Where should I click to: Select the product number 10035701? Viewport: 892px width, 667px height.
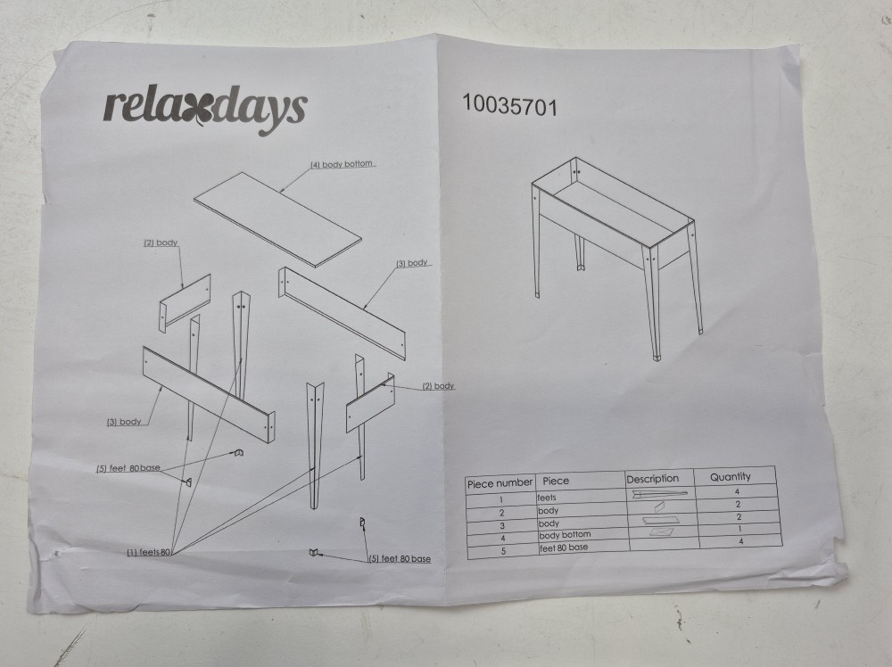[x=509, y=105]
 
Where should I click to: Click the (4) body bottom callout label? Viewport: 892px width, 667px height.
[x=342, y=164]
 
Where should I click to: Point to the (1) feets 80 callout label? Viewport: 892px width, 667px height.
[x=148, y=552]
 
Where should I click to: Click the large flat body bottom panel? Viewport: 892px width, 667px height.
[x=277, y=219]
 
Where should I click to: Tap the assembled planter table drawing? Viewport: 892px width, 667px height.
[x=616, y=258]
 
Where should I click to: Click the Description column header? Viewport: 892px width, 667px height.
[x=653, y=480]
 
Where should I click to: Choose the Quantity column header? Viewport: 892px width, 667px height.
[x=731, y=476]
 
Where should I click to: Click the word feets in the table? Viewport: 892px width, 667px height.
[x=547, y=498]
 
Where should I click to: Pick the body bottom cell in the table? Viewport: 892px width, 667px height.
[x=565, y=535]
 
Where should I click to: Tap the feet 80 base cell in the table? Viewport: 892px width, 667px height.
[x=563, y=548]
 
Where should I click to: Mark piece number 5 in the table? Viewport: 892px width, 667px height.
[x=503, y=551]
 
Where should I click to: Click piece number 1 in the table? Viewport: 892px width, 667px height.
[x=501, y=500]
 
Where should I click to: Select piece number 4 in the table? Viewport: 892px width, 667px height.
[x=502, y=538]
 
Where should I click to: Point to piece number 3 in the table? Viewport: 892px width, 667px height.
[x=501, y=525]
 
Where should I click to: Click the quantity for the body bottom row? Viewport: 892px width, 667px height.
[x=739, y=529]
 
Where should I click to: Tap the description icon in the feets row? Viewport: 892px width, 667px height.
[x=660, y=494]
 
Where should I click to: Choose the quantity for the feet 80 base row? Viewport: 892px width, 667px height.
[x=740, y=541]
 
